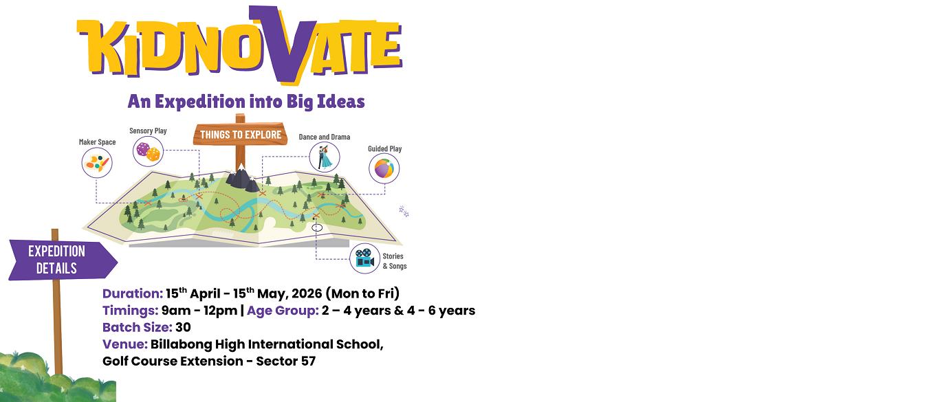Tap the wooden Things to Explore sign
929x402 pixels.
[x=240, y=134]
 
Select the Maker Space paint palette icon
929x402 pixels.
[x=96, y=163]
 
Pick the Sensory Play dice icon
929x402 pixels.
[x=148, y=151]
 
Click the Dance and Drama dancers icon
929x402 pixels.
[x=324, y=157]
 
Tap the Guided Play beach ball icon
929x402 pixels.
[x=384, y=168]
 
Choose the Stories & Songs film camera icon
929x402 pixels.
[x=364, y=259]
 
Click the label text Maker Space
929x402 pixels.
[x=97, y=142]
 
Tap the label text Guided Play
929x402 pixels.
[x=384, y=148]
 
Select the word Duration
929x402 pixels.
[x=132, y=293]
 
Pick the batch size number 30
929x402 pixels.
[x=183, y=327]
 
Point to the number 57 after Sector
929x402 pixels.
[x=307, y=361]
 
